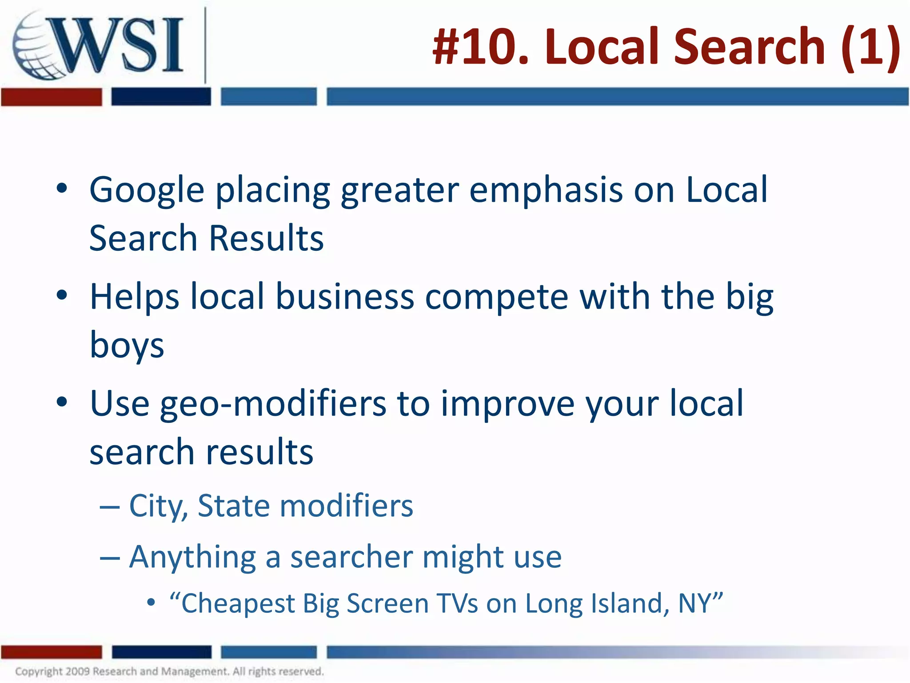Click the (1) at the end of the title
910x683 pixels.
(x=870, y=47)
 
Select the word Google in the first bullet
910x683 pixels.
(x=147, y=190)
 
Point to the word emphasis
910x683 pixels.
(x=546, y=190)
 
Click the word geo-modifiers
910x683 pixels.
(x=273, y=404)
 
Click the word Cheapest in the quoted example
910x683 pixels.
(x=238, y=604)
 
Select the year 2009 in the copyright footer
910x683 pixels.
(x=78, y=671)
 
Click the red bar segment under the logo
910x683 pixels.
(x=51, y=97)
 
